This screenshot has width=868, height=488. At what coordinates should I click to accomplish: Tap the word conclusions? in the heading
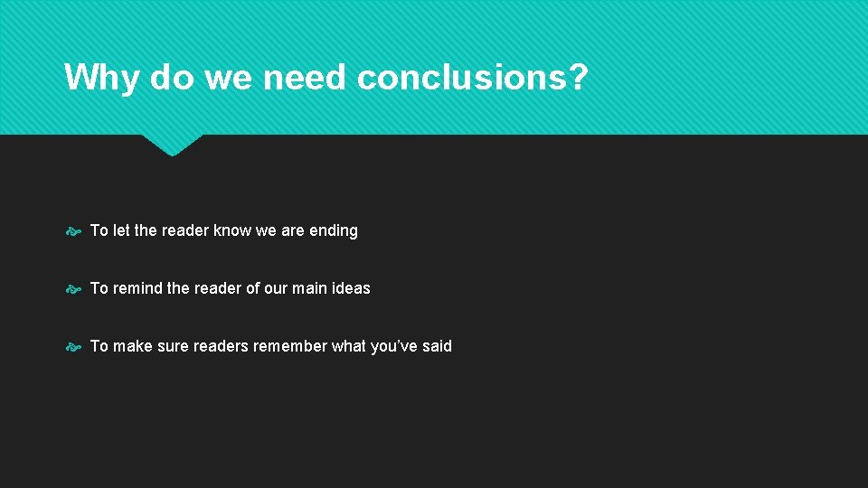[x=472, y=78]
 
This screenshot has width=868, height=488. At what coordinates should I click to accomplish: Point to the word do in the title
[x=172, y=78]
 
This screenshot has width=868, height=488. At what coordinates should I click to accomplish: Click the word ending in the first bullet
[x=334, y=230]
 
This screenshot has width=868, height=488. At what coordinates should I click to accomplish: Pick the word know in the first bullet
[x=232, y=230]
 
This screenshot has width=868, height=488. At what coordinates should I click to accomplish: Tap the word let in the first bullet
[x=122, y=230]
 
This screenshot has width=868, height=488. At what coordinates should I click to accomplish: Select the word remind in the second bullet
[x=137, y=288]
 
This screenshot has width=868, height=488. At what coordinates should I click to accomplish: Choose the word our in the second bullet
[x=276, y=288]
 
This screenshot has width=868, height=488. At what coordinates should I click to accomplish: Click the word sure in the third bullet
[x=175, y=346]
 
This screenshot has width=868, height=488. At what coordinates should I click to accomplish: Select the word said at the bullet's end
[x=438, y=346]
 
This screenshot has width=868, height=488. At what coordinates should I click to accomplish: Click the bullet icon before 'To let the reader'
[x=73, y=231]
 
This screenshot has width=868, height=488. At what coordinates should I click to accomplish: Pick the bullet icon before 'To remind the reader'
[x=73, y=289]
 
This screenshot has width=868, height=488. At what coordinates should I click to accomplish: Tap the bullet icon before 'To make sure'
[x=73, y=347]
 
